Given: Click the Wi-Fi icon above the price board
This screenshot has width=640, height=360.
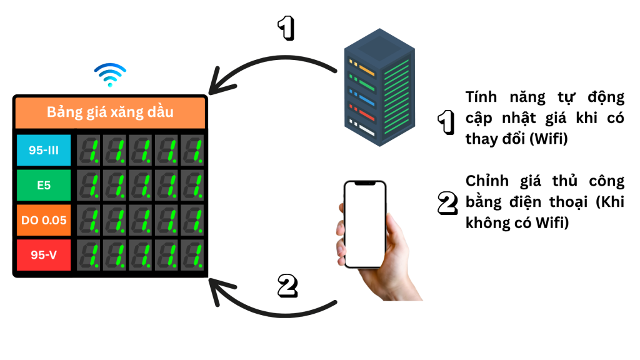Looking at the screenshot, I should (x=111, y=75).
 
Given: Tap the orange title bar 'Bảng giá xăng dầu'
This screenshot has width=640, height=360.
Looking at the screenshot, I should (x=110, y=112).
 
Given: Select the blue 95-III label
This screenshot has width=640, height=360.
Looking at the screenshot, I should (x=44, y=150).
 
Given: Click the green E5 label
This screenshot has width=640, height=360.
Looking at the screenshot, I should (x=44, y=185).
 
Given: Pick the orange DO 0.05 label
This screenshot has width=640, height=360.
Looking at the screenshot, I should (x=44, y=220).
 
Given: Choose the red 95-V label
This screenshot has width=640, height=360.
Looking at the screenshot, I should (x=44, y=255).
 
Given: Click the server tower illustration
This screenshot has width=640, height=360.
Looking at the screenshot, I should (x=379, y=87).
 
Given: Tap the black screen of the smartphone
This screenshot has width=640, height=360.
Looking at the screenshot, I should (x=365, y=224).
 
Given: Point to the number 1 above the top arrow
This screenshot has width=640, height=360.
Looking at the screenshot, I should (x=285, y=28).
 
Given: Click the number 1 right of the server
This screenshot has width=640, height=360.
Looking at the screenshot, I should (x=445, y=122).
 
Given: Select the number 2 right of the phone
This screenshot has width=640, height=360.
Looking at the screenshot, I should (x=446, y=202).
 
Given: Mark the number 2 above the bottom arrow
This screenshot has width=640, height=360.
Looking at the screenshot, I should (x=286, y=285).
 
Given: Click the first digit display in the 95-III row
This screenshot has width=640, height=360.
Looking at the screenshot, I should (x=89, y=150).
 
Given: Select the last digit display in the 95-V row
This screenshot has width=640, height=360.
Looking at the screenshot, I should (x=192, y=255).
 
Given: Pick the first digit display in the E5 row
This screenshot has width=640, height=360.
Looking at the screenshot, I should (x=89, y=185).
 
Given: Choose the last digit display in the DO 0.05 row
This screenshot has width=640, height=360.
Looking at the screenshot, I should (x=192, y=220).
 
